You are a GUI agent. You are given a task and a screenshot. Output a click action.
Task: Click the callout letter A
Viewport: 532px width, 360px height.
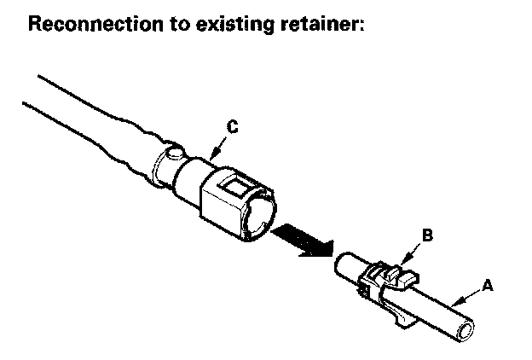coord(487,287)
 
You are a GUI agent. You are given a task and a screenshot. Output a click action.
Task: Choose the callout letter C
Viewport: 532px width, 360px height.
coord(233,128)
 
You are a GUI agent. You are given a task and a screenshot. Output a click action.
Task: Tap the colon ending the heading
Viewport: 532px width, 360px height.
coord(362,26)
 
